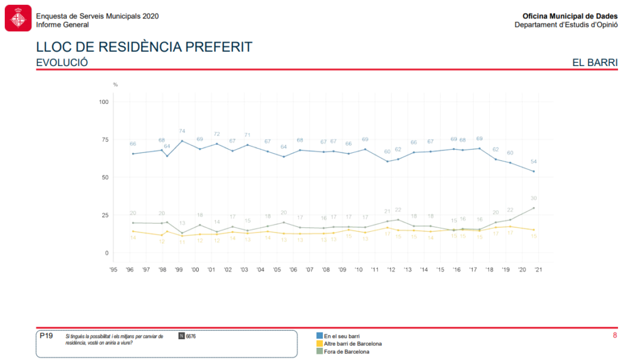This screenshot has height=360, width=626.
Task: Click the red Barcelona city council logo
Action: coord(18,18)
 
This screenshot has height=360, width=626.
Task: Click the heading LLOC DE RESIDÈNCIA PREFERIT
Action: coord(144,47)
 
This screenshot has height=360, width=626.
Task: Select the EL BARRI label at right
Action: coord(594,62)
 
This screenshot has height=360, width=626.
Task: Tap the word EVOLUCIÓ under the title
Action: coord(62,62)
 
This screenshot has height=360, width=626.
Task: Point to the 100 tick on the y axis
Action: coord(103,101)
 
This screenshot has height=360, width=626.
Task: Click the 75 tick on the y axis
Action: coord(104,139)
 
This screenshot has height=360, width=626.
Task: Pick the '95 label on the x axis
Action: coord(113,269)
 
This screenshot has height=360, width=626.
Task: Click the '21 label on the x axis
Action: coord(538,269)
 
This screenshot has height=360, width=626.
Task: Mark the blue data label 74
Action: coord(182,131)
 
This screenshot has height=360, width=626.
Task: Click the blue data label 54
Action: coord(533,161)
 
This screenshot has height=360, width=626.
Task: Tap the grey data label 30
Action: coord(533,198)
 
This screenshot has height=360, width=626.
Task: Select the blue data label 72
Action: coord(216,134)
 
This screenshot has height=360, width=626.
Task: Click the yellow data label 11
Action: coord(182,242)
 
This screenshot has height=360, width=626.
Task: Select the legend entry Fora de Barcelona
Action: coord(346,351)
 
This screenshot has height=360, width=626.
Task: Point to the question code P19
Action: coord(46,336)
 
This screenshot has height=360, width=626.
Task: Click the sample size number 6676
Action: coord(191,336)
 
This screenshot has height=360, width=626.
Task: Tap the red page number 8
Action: coord(614,335)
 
